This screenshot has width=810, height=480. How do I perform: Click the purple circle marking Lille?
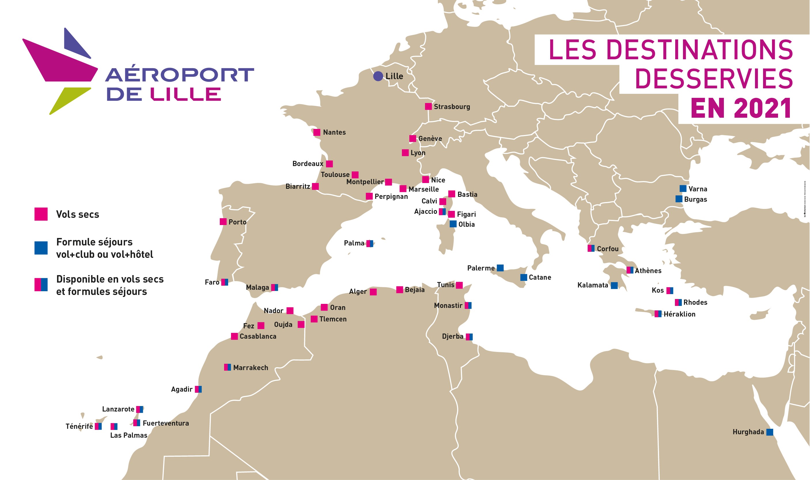click(x=378, y=76)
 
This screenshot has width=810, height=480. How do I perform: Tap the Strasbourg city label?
click(x=452, y=107)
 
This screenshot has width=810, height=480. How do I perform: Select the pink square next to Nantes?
click(x=317, y=132)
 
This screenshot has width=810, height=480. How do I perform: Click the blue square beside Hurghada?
click(x=770, y=432)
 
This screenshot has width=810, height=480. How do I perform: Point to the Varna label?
click(x=698, y=189)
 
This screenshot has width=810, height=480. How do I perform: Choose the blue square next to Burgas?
click(x=679, y=199)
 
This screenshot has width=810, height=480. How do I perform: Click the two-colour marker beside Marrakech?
click(x=228, y=367)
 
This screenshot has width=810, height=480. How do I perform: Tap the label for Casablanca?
click(x=258, y=336)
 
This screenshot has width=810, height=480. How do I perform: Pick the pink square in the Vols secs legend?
click(x=41, y=214)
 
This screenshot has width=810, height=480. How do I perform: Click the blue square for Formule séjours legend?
click(x=41, y=248)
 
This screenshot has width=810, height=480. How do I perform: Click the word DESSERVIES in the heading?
click(x=714, y=79)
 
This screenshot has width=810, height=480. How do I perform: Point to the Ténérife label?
click(x=79, y=426)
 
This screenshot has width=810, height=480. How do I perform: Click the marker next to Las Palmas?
click(x=114, y=426)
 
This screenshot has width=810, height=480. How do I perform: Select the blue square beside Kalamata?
click(x=614, y=285)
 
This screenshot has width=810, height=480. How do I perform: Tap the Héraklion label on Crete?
click(x=679, y=314)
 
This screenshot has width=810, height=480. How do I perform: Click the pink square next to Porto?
click(x=223, y=222)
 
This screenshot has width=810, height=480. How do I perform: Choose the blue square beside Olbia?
click(x=453, y=224)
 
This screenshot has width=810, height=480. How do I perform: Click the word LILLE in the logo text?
click(x=186, y=94)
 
